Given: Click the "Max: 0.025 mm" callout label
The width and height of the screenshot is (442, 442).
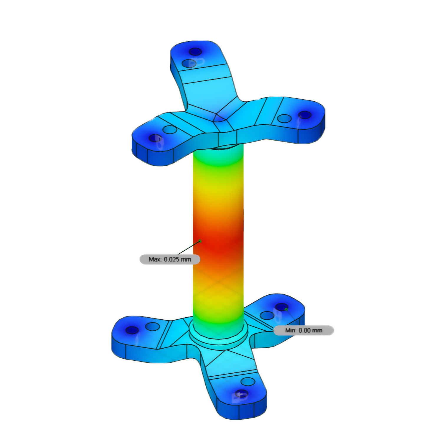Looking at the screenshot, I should pyautogui.click(x=170, y=259).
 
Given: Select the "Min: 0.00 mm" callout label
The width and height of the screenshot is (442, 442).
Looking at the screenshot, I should pyautogui.click(x=304, y=330).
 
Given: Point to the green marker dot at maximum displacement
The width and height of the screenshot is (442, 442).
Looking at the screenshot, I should pyautogui.click(x=200, y=241).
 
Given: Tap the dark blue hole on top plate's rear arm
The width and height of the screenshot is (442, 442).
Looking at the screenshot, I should pyautogui.click(x=195, y=52).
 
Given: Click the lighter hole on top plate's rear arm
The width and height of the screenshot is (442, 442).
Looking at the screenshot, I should pyautogui.click(x=189, y=63).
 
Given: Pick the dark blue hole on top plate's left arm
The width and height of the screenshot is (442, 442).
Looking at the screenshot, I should pyautogui.click(x=155, y=138).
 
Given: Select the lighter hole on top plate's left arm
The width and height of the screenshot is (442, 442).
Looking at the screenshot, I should pyautogui.click(x=170, y=130).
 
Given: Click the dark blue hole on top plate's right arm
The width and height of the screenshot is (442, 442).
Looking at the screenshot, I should pyautogui.click(x=305, y=115).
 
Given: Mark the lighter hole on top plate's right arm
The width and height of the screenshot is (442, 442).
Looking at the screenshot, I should pyautogui.click(x=284, y=118).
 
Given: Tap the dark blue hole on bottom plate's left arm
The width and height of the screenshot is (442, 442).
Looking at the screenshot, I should pyautogui.click(x=132, y=330).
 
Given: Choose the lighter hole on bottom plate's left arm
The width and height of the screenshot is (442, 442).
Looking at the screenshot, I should pyautogui.click(x=152, y=326).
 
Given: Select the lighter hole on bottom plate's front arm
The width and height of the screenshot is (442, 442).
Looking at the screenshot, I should pyautogui.click(x=248, y=382).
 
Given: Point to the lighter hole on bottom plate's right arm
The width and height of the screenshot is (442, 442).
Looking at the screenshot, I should pyautogui.click(x=267, y=315).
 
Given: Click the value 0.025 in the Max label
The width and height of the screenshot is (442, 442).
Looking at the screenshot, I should pyautogui.click(x=171, y=259).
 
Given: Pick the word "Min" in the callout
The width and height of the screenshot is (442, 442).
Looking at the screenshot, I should pyautogui.click(x=290, y=330).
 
